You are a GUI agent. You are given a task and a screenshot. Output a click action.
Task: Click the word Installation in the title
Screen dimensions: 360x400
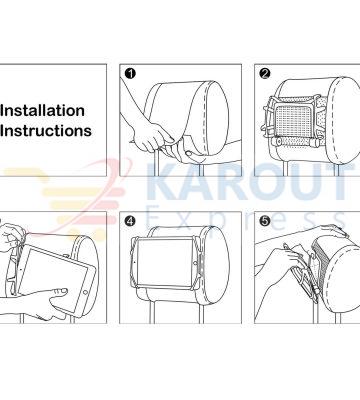[x=42, y=111]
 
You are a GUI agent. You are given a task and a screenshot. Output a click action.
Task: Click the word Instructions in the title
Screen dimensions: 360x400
[x=46, y=130]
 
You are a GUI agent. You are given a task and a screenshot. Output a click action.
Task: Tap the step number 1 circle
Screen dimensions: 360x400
[x=130, y=73]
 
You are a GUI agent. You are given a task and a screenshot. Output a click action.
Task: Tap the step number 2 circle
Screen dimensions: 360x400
[x=265, y=73]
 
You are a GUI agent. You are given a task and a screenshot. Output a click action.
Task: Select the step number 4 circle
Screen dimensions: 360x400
[x=130, y=221]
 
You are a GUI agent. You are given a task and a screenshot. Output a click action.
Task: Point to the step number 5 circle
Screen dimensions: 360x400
[x=265, y=221]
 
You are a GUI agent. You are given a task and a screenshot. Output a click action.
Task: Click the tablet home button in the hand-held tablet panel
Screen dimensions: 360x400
[x=85, y=292]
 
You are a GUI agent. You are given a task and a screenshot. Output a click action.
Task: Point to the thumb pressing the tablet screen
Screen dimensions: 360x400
[x=58, y=293]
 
